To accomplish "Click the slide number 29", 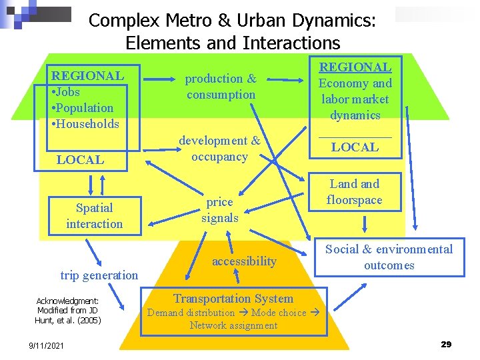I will (446, 344).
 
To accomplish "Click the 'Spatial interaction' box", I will (94, 216).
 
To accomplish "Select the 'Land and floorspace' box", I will (355, 192).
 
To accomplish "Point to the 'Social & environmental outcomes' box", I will (389, 257).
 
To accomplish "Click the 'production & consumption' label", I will (221, 87).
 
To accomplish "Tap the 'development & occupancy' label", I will (219, 149).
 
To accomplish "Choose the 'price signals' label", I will (219, 209).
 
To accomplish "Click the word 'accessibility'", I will (244, 261).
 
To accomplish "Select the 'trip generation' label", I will (99, 275).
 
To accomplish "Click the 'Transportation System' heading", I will (233, 299).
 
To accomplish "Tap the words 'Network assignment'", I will (233, 325).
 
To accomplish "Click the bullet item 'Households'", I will (88, 123).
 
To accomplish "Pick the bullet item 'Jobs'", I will (68, 91).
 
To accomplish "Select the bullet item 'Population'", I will (85, 107).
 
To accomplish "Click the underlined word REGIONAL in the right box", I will (355, 67).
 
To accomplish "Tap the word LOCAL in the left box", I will (80, 159).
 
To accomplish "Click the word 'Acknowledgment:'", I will (67, 301).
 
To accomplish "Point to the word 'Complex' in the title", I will (117, 21).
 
